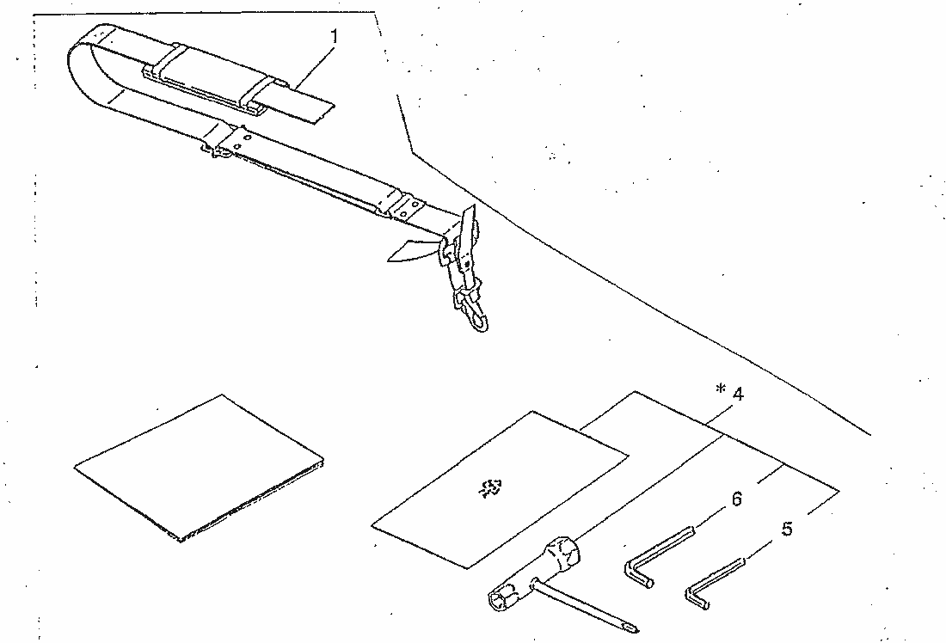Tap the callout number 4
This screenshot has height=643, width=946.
[x=737, y=393]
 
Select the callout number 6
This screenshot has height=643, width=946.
[x=737, y=499]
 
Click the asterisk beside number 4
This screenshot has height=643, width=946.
[x=720, y=389]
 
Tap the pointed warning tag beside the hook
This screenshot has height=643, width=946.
[x=409, y=250]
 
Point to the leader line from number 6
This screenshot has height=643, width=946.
[x=711, y=518]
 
